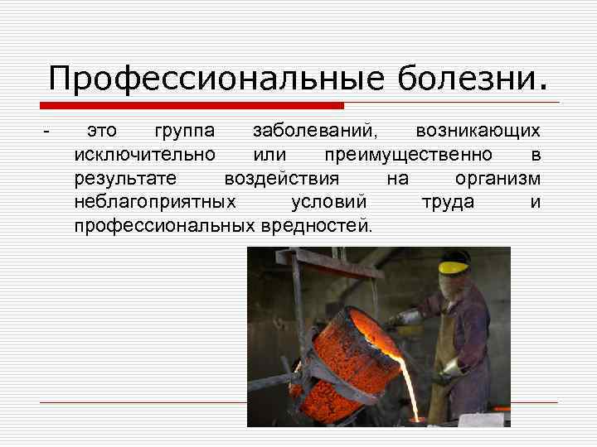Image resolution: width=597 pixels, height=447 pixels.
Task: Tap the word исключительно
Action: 145,155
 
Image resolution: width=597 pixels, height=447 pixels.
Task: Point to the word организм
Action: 498,179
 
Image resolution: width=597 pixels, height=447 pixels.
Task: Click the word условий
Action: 329,202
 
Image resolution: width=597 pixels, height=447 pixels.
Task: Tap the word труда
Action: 448,202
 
